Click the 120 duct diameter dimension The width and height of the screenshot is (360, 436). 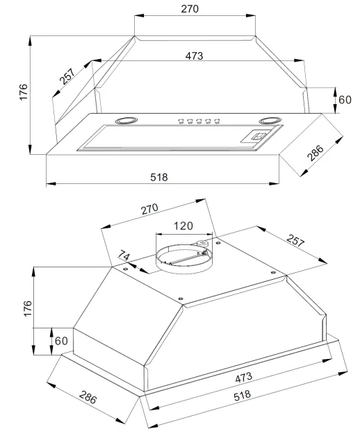(x=183, y=226)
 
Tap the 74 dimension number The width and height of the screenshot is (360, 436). (x=124, y=255)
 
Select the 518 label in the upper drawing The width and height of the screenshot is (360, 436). (x=159, y=177)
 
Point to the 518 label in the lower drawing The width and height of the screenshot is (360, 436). (x=243, y=396)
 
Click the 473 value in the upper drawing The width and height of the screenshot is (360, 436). (x=195, y=56)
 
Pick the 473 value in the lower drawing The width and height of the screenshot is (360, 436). (x=244, y=378)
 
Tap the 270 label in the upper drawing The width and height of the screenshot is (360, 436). (x=190, y=9)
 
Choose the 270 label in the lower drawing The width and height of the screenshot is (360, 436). (x=149, y=209)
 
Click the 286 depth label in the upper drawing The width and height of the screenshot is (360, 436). (x=316, y=153)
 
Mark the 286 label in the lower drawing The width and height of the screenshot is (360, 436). (x=88, y=397)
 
